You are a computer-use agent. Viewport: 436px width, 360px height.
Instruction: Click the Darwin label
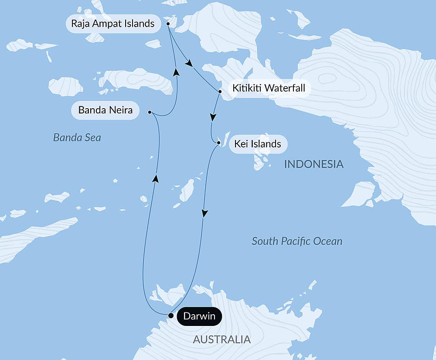[199, 316]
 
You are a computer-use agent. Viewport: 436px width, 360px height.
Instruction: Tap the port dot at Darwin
[171, 315]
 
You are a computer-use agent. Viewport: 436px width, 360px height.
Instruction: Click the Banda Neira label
[105, 110]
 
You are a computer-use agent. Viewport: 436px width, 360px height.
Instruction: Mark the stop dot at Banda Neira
[150, 112]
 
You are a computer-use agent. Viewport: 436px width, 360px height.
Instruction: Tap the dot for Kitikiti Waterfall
[220, 92]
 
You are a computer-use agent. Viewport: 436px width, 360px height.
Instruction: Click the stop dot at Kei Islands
[218, 142]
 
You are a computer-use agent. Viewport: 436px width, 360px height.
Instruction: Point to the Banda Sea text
[77, 138]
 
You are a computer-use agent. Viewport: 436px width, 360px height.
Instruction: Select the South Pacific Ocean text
[297, 241]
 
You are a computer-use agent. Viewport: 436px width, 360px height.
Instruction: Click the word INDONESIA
[313, 165]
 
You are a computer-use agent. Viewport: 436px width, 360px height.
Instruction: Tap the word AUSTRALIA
[221, 339]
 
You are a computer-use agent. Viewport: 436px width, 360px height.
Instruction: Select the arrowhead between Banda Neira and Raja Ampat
[176, 72]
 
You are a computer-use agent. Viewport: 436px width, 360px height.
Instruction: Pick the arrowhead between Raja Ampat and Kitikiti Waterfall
[188, 64]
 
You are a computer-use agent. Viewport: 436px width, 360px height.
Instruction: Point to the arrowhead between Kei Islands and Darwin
[204, 213]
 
